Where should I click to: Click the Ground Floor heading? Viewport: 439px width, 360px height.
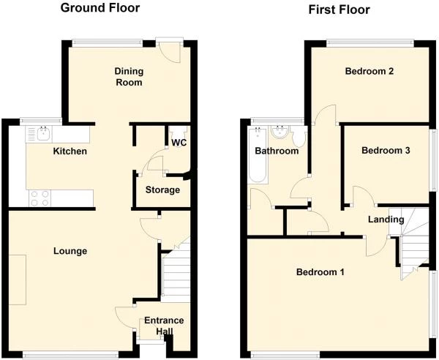pos(100,9)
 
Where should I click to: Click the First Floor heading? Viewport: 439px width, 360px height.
pos(339,10)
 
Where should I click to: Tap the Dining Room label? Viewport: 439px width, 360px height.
pos(128,77)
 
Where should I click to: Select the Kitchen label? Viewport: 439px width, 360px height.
pos(70,151)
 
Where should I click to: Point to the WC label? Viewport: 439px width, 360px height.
pos(179,143)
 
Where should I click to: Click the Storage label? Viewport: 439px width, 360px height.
pos(162,190)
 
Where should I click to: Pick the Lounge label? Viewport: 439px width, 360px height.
pos(70,251)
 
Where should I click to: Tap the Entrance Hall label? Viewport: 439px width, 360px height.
pos(164,326)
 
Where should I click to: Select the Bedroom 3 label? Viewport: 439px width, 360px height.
pos(386,151)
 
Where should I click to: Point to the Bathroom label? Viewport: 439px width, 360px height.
pos(277,151)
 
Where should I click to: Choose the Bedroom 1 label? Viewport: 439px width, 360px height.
pos(320,272)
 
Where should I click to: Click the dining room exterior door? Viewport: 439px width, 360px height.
pos(170,50)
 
